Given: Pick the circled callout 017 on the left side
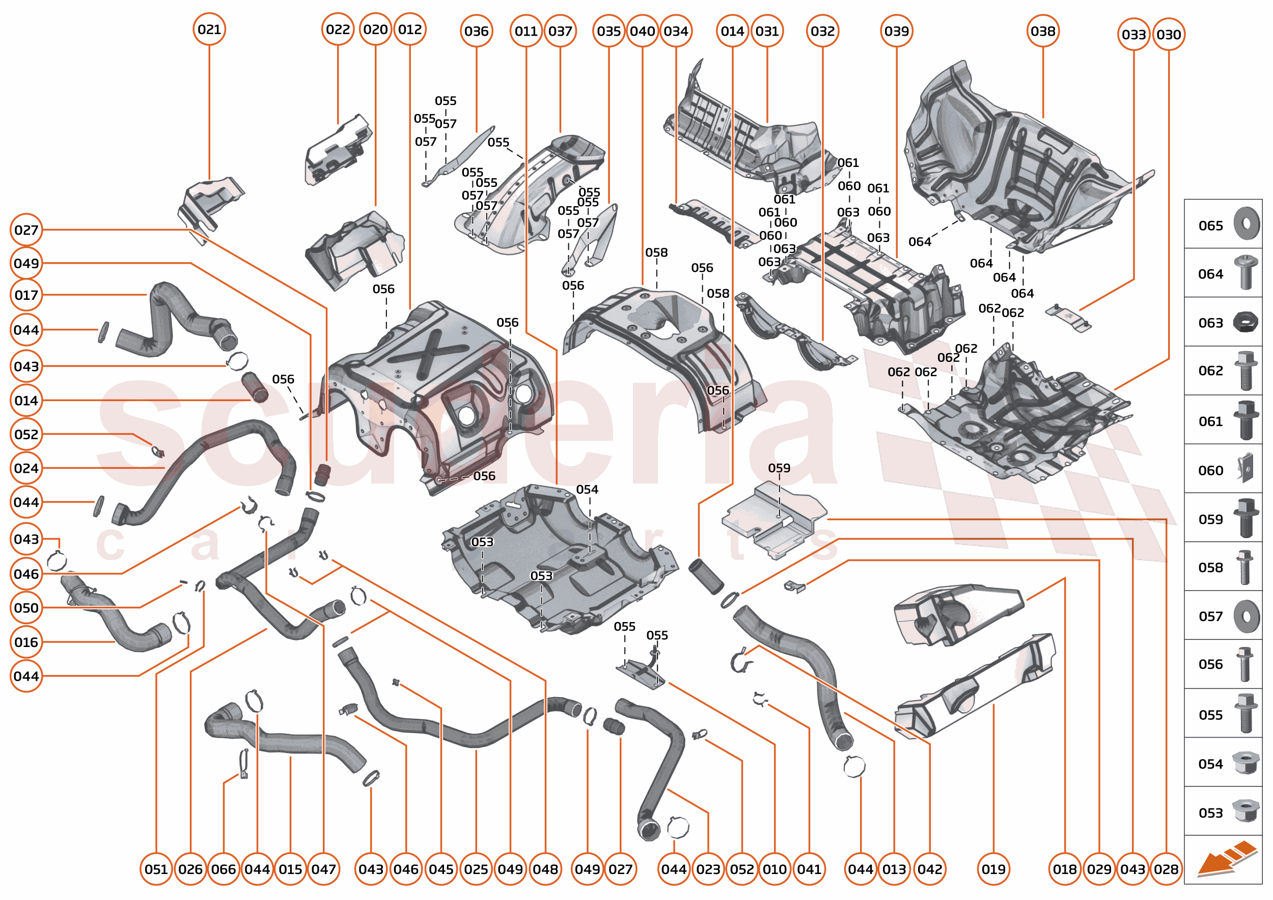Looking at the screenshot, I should (26, 295).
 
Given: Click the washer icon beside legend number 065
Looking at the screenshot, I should (1247, 224).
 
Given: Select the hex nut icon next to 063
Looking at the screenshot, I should (1246, 322).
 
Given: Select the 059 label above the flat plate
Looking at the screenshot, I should (779, 468).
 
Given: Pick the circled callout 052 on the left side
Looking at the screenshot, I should (26, 435).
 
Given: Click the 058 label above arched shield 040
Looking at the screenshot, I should (656, 252).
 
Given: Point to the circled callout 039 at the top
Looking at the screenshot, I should (897, 32).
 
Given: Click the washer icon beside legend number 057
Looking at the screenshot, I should (1247, 616).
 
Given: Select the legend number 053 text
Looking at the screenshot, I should (1210, 813).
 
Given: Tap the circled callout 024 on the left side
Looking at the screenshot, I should (26, 468).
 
